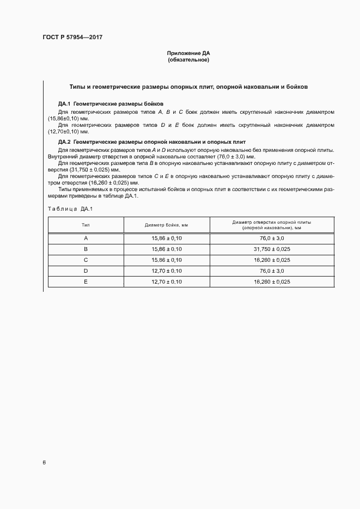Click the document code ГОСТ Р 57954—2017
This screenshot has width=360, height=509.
pos(72,37)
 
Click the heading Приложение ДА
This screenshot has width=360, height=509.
pos(188,53)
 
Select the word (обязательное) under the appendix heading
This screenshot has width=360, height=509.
pos(188,60)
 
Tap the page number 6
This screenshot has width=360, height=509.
pos(44,462)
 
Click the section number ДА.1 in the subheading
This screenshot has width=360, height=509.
pos(65,103)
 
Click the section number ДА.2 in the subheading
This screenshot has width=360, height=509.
pos(65,142)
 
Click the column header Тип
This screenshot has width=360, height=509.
pos(86,225)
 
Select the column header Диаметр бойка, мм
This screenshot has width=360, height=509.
pos(166,225)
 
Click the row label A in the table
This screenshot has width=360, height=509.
pos(86,238)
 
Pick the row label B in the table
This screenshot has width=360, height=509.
pos(86,249)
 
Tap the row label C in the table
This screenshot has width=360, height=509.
pos(86,260)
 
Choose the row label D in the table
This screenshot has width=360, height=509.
pos(86,271)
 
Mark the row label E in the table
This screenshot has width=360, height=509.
pos(86,281)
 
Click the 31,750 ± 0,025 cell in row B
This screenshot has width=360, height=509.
pos(272,249)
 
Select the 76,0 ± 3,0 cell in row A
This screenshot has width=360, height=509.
pos(272,238)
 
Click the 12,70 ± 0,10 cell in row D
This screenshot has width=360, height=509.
pos(166,271)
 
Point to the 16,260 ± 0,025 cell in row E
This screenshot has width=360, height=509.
pos(272,281)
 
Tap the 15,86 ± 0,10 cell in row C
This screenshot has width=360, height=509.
pos(166,260)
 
